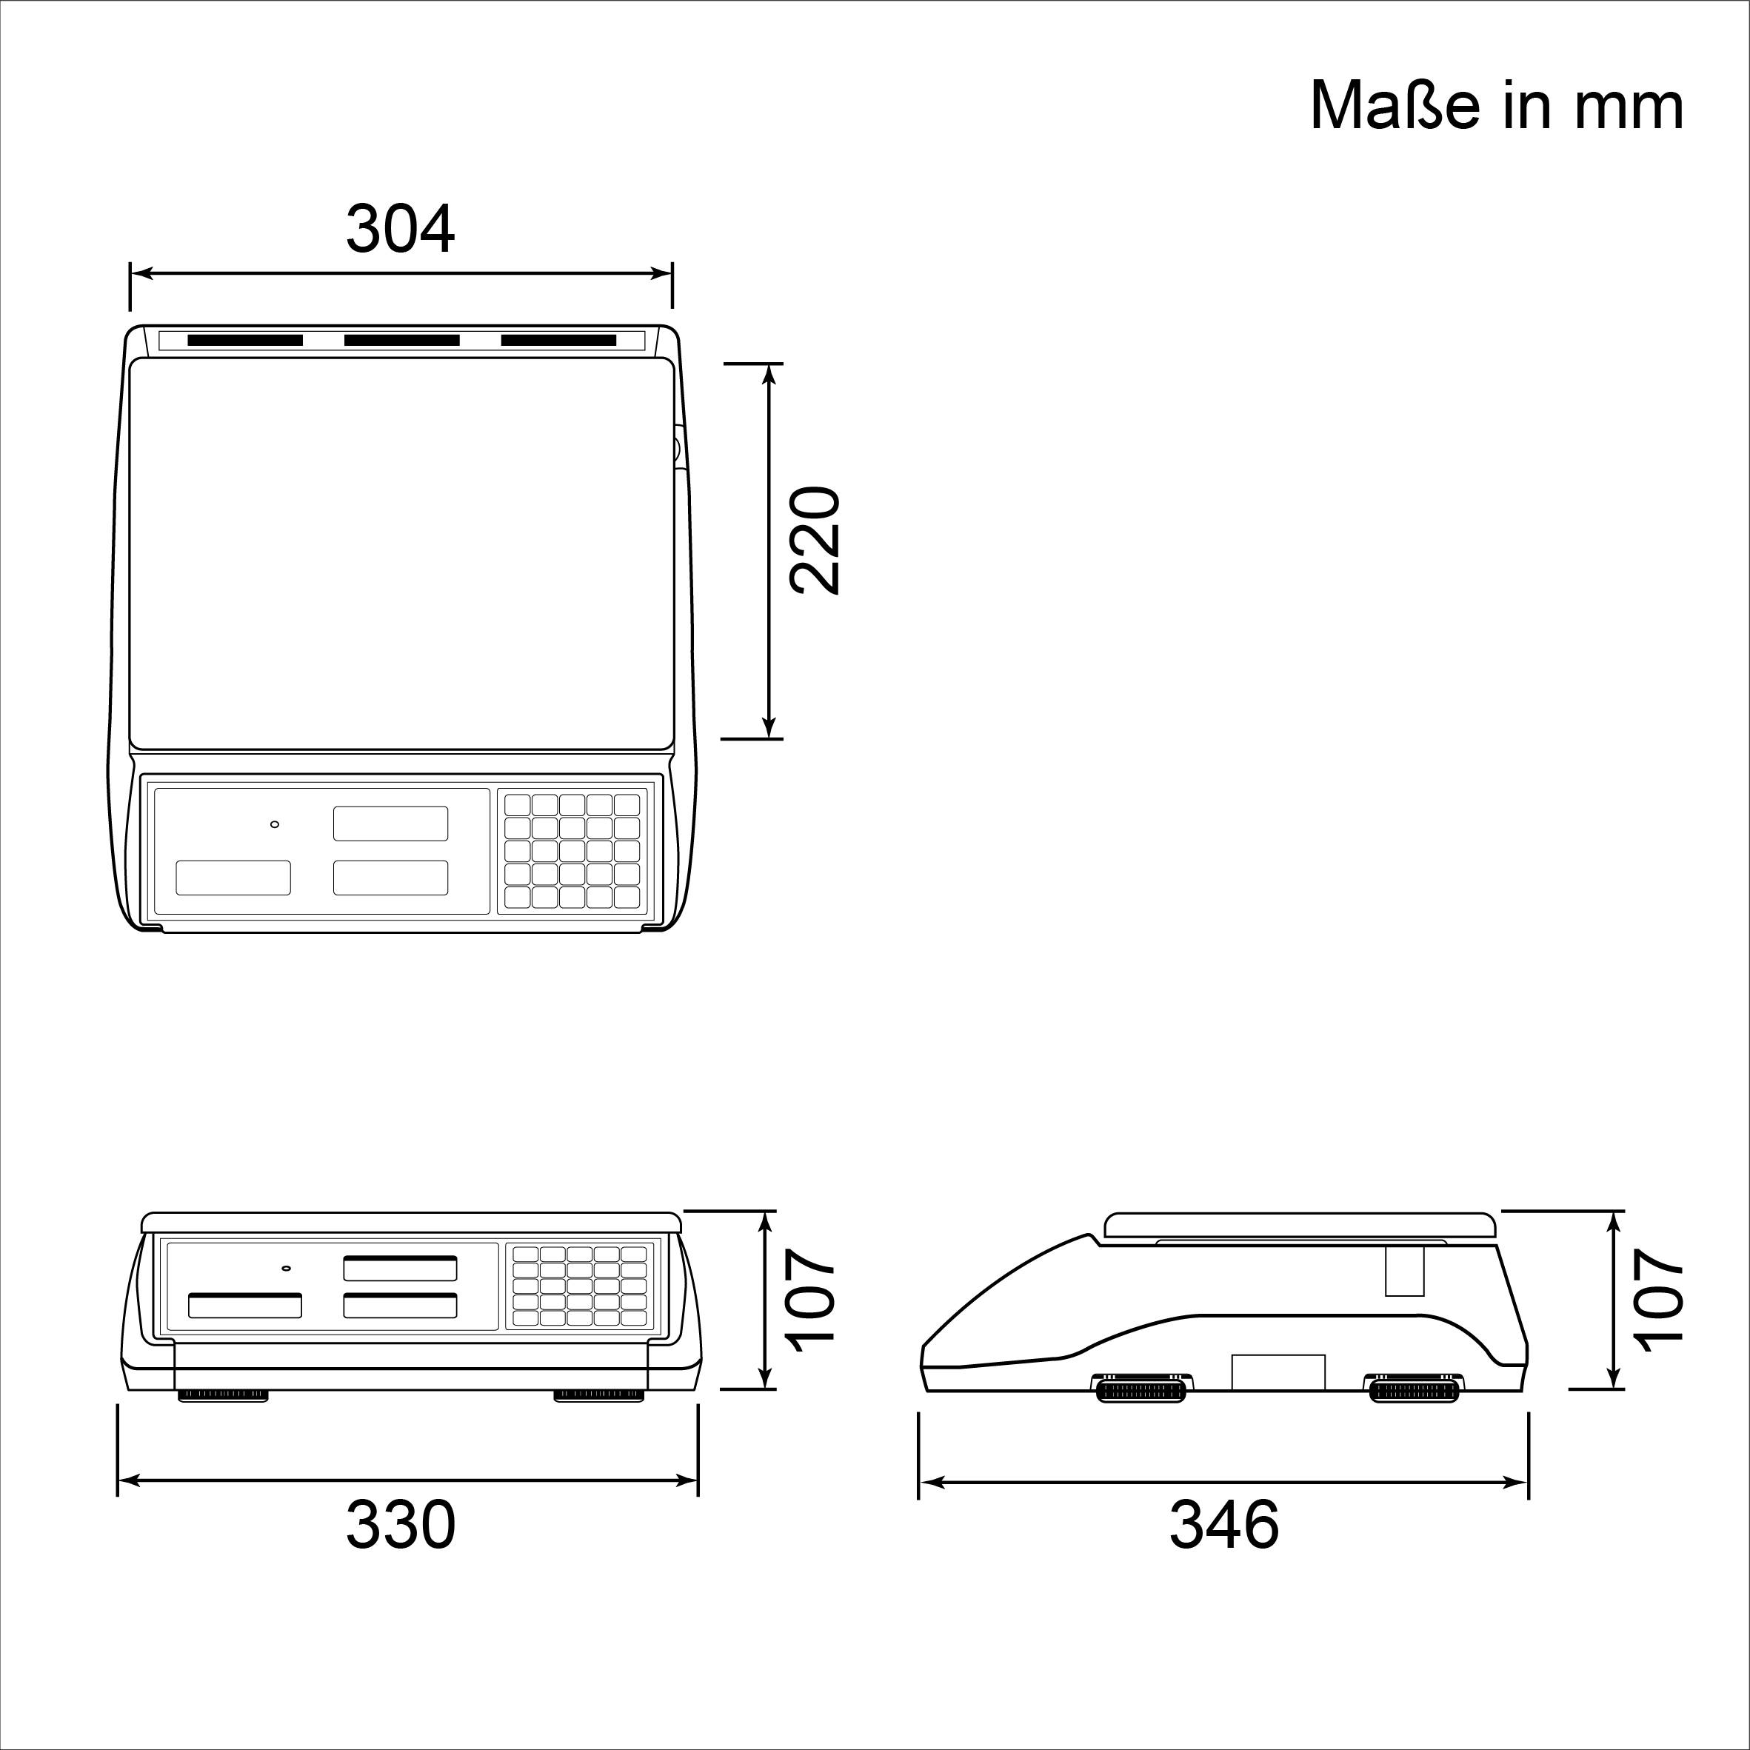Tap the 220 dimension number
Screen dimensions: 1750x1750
point(815,541)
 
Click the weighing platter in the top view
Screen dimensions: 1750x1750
point(401,552)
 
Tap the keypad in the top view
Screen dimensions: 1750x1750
point(572,852)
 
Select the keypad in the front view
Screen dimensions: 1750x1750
point(580,1287)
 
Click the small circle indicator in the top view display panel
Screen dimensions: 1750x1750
point(275,824)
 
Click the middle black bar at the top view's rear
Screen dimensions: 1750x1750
point(401,341)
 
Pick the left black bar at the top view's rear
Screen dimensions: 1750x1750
point(244,341)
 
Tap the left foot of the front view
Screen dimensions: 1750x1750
point(222,1396)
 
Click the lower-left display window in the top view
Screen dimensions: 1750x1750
point(233,878)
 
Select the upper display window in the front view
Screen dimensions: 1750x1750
point(399,1268)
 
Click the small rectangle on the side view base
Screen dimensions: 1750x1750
point(1278,1371)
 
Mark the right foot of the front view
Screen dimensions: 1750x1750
point(600,1396)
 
